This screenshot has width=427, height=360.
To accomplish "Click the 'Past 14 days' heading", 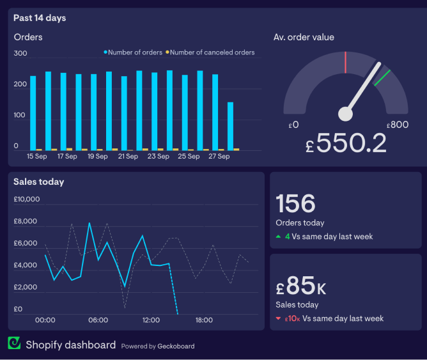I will point(40,18).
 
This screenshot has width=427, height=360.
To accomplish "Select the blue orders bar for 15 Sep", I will point(33,113).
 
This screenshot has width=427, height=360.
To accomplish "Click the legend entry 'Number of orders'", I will point(135,52).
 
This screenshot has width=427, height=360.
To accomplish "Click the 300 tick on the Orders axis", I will point(20,54).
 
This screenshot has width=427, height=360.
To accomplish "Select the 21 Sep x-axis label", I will point(128,156).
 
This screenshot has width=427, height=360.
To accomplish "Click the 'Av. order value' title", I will point(304,37).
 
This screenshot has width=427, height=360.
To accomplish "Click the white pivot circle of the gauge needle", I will point(345,114).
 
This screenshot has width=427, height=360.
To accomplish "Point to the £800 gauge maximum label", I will point(398,125).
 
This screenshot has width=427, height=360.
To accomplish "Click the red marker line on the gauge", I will point(345,62).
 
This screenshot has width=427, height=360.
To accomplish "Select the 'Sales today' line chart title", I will point(39,182).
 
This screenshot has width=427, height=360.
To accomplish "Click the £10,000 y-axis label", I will point(27,200).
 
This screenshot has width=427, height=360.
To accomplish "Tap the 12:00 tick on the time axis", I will point(151,320).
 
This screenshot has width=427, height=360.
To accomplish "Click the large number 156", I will point(296,203).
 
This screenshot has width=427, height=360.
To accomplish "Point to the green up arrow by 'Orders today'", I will point(278,237).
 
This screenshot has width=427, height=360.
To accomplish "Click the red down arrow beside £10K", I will point(278,318).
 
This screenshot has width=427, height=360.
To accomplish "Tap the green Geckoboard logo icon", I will point(14,344).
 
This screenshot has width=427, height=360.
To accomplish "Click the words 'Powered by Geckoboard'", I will point(158,346).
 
